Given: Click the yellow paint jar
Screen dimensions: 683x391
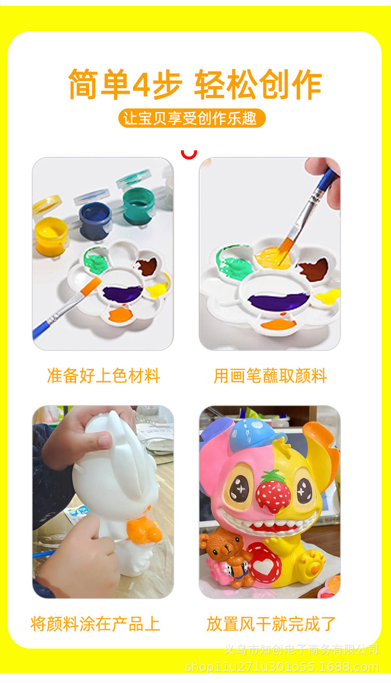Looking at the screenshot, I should click(x=51, y=233).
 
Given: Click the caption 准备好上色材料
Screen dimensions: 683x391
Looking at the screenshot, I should click(x=103, y=376).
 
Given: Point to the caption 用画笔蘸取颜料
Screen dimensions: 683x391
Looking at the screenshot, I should click(x=270, y=376).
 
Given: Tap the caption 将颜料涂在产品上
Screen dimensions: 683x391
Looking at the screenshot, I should click(x=95, y=624).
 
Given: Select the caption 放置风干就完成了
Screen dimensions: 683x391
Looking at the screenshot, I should click(x=271, y=624).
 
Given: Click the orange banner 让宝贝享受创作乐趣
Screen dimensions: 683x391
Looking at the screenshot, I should click(x=192, y=118).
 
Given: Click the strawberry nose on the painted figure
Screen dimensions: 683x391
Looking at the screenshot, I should click(x=273, y=492).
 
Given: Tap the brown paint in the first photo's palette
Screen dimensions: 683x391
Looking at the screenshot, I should click(x=147, y=267).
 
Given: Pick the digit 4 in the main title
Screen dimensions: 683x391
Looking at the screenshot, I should click(x=141, y=85).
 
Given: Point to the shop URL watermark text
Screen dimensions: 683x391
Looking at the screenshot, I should click(x=282, y=667).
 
